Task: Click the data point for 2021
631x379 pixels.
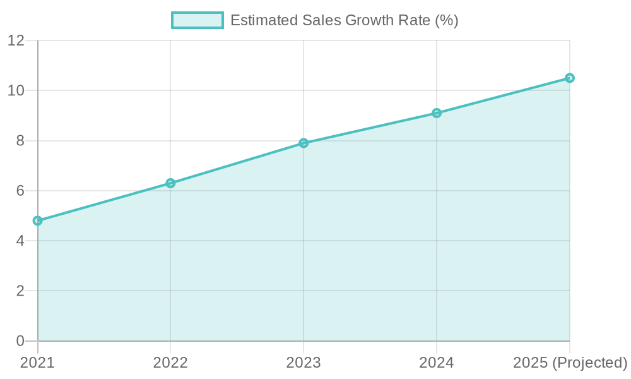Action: tap(38, 220)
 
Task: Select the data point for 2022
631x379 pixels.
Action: tap(170, 183)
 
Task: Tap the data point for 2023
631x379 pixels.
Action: tap(304, 143)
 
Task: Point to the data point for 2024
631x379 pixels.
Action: tap(437, 113)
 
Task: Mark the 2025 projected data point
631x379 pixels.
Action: tap(569, 78)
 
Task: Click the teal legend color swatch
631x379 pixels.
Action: tap(197, 20)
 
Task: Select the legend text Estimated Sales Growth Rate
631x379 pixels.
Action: tap(344, 20)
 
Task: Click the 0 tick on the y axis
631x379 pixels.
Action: tap(20, 341)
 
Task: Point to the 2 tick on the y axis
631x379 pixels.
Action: tap(20, 291)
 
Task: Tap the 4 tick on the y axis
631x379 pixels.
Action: tap(20, 241)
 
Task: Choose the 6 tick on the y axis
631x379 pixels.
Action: tap(20, 191)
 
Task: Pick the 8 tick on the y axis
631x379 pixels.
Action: tap(20, 141)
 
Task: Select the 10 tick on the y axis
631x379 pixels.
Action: tap(16, 91)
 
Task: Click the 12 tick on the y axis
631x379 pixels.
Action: tap(16, 41)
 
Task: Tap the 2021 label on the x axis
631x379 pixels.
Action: tap(38, 363)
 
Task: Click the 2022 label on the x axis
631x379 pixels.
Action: tap(170, 363)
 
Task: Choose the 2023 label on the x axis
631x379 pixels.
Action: tap(304, 363)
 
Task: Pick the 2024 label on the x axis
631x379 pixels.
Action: tap(437, 363)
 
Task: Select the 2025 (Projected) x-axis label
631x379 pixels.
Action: tap(569, 363)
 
